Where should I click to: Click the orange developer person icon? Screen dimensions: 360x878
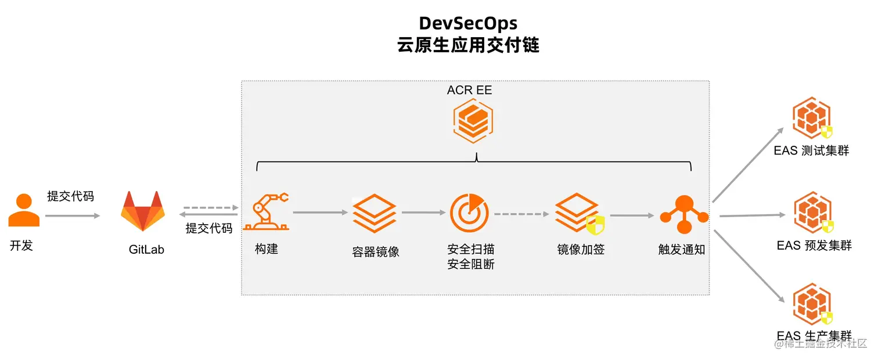[x=24, y=210]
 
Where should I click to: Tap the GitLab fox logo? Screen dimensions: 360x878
[x=142, y=212]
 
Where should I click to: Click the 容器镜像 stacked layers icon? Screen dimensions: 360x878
[x=375, y=213]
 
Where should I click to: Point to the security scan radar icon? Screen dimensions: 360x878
[x=469, y=213]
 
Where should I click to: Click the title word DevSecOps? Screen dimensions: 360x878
[x=468, y=23]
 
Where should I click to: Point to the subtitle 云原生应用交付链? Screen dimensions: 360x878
[x=468, y=45]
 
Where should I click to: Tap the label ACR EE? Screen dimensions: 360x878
[x=469, y=91]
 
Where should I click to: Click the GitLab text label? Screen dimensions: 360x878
[x=146, y=250]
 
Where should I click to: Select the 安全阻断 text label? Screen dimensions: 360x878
[x=471, y=265]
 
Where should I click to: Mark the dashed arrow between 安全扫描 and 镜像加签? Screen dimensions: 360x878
[x=521, y=214]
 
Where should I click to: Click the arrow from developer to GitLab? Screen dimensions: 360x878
[x=72, y=216]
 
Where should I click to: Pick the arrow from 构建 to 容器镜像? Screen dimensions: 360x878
[x=320, y=213]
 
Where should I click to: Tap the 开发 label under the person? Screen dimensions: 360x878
[x=21, y=246]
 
